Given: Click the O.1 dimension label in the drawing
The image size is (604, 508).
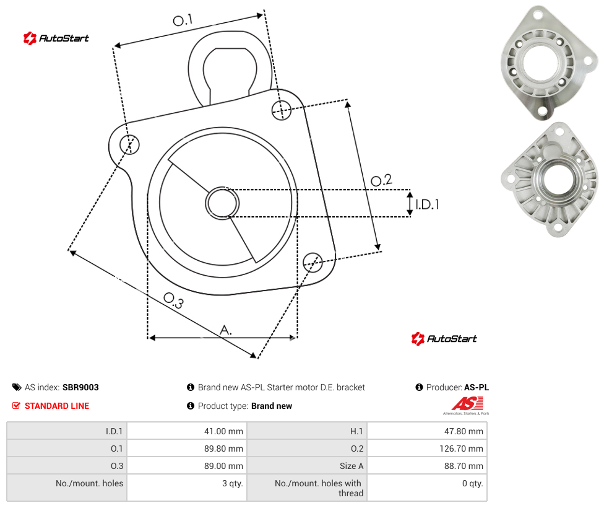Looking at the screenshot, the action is [183, 20].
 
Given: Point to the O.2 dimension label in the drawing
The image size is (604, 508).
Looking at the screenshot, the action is [381, 180].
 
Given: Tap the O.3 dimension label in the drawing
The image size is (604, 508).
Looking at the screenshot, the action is [173, 300].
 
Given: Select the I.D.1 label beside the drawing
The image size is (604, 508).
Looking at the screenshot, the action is [427, 204].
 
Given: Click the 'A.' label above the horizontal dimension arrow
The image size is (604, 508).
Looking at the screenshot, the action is [226, 330].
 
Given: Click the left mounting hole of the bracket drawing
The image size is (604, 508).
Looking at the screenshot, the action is [129, 144].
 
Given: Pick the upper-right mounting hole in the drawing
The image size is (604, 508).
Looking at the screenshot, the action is [282, 110].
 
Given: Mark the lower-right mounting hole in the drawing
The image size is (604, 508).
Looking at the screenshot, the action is [313, 262].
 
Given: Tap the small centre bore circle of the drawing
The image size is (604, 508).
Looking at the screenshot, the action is [222, 203].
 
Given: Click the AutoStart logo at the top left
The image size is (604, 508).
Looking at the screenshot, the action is [56, 38].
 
